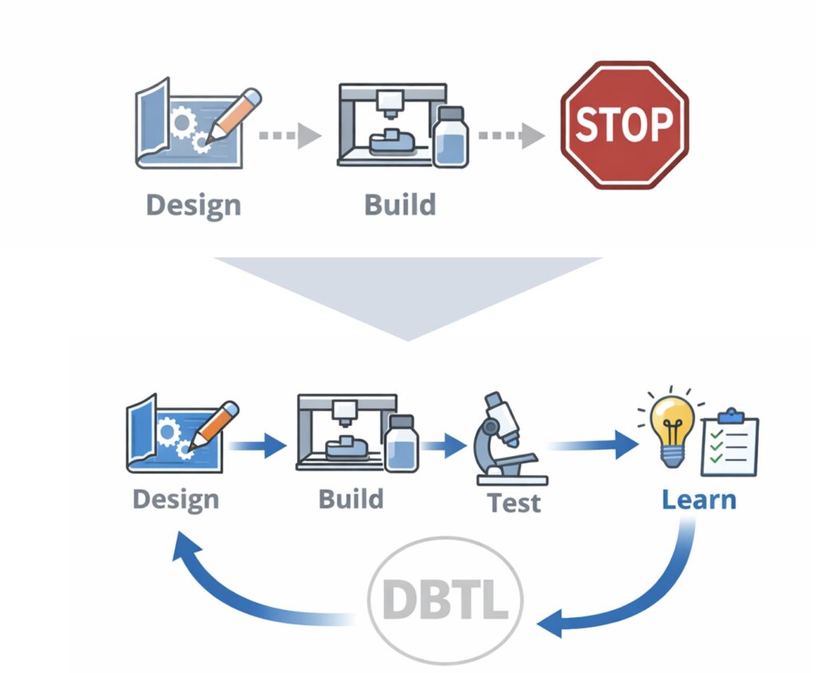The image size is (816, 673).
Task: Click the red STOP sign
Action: pyautogui.click(x=624, y=124)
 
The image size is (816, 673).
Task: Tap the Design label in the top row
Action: pyautogui.click(x=193, y=205)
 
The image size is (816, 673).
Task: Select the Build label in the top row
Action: pyautogui.click(x=400, y=204)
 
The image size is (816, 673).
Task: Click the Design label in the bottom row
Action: pyautogui.click(x=175, y=500)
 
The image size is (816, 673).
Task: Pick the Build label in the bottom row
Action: pyautogui.click(x=351, y=499)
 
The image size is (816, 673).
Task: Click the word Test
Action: pyautogui.click(x=515, y=502)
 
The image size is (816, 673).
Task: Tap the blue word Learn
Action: pyautogui.click(x=699, y=500)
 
